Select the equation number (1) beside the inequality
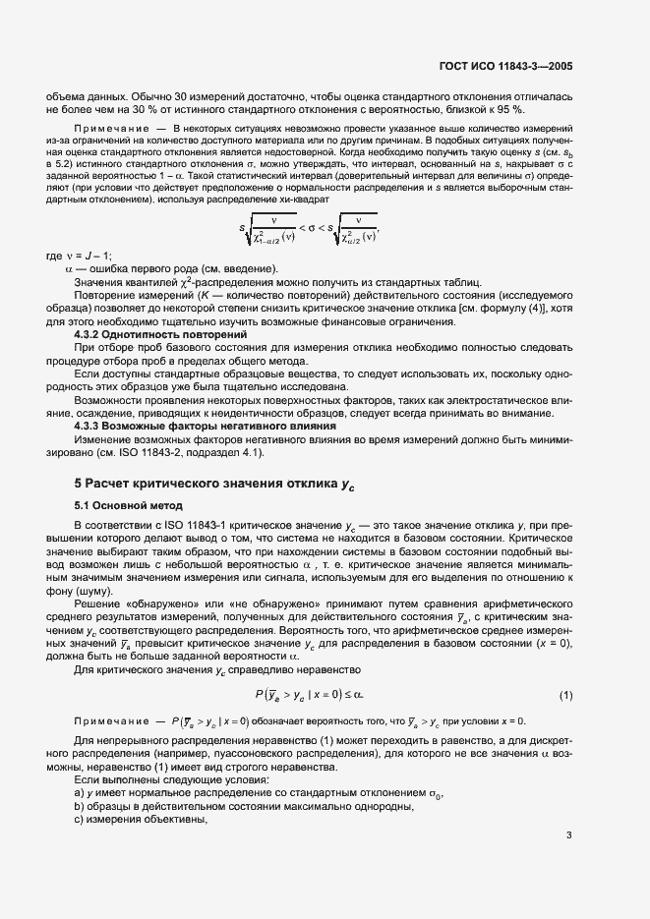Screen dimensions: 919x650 point(565,696)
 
